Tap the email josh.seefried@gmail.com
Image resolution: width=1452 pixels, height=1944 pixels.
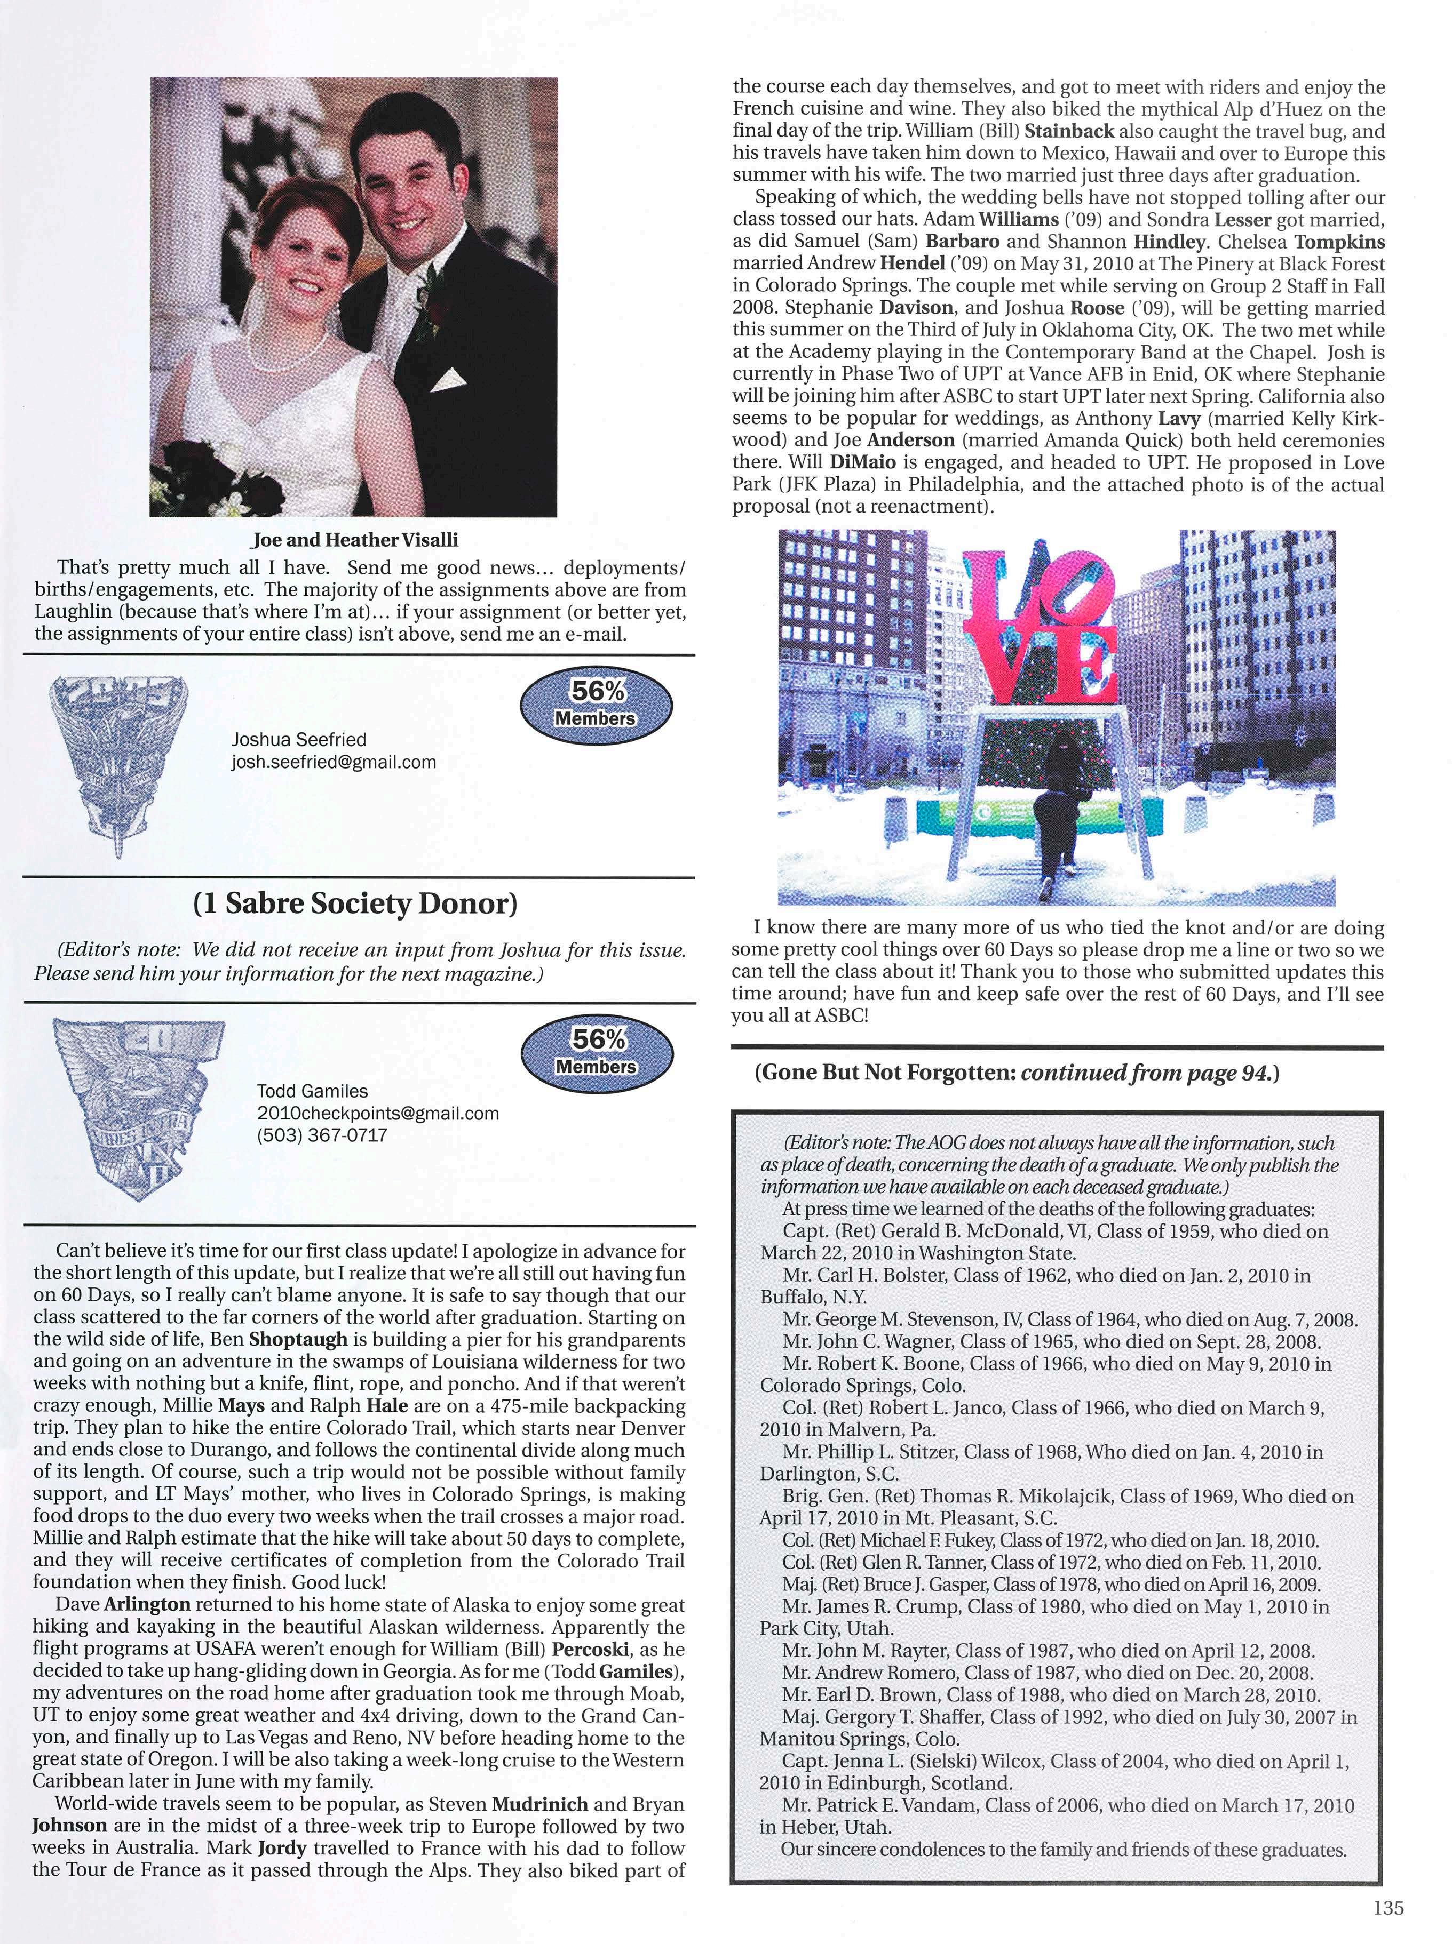pyautogui.click(x=333, y=762)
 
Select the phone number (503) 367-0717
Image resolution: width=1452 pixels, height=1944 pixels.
pyautogui.click(x=322, y=1135)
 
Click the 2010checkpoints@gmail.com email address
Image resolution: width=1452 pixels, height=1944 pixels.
pyautogui.click(x=377, y=1113)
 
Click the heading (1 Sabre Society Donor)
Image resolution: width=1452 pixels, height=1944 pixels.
pyautogui.click(x=355, y=904)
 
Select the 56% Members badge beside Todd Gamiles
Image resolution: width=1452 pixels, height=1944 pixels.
pyautogui.click(x=596, y=1052)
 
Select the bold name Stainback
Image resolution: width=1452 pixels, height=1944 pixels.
pyautogui.click(x=1070, y=131)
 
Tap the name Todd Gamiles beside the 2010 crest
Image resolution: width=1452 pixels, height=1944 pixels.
pyautogui.click(x=312, y=1091)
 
